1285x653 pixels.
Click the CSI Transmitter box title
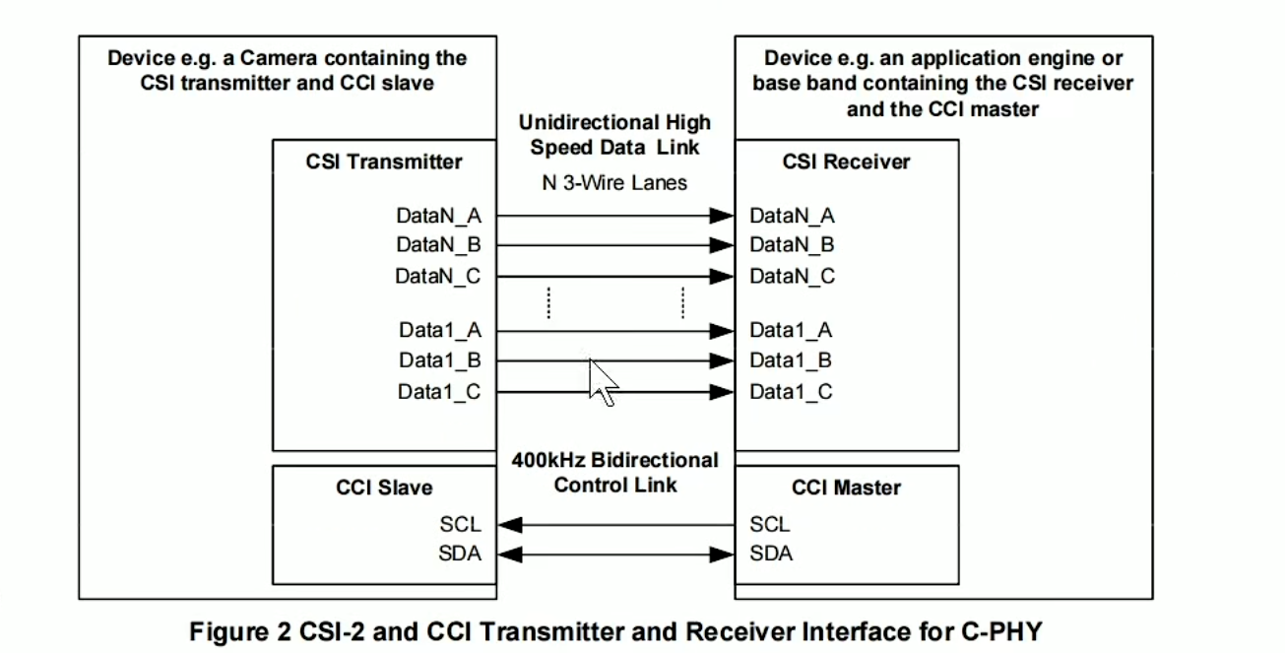(x=384, y=162)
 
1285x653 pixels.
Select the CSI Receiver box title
(x=847, y=162)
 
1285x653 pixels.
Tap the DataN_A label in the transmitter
(x=438, y=216)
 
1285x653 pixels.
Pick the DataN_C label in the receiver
(x=792, y=277)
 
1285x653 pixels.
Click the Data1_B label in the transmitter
(x=439, y=361)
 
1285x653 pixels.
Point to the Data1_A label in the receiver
(x=791, y=331)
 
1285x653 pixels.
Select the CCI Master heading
(x=846, y=488)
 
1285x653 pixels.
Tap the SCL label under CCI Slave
(x=461, y=525)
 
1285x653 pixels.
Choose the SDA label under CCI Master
(x=771, y=555)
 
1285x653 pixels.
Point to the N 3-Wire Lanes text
(x=614, y=183)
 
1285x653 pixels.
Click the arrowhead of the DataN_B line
(x=723, y=246)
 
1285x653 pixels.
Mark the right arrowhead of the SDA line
(x=723, y=555)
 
